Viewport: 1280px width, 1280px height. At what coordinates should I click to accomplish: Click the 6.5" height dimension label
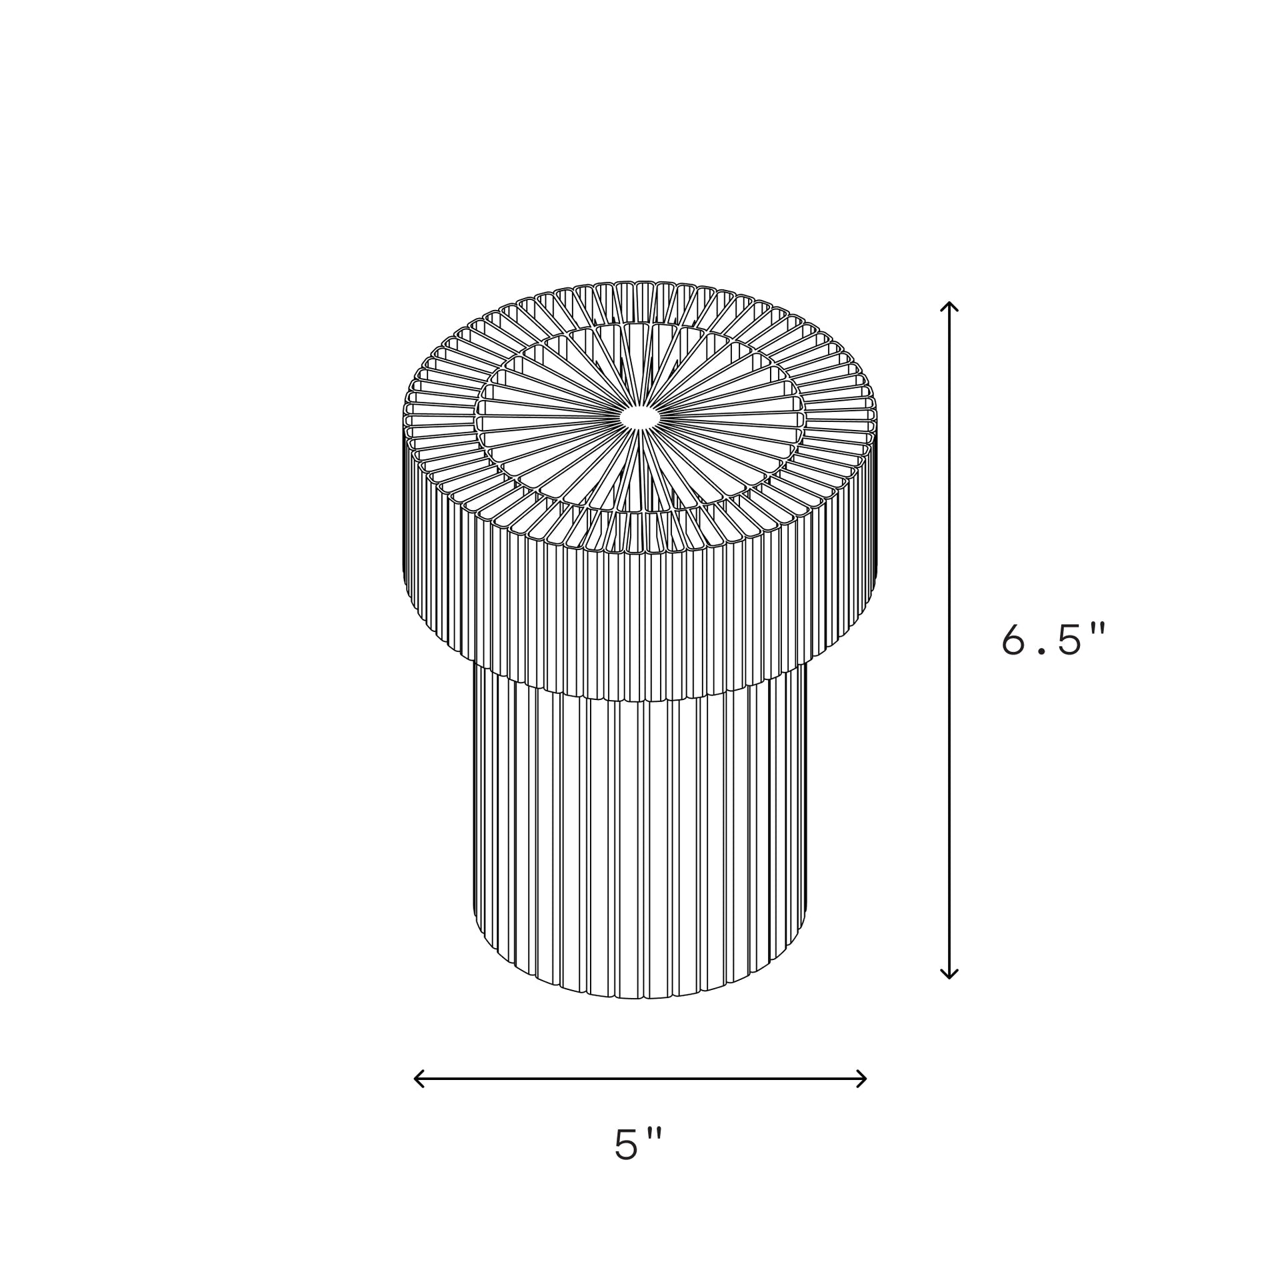coord(1054,640)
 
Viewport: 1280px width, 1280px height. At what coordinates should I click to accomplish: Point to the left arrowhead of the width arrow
coord(419,1078)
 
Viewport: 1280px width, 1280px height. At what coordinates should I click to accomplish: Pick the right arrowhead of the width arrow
coord(861,1078)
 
